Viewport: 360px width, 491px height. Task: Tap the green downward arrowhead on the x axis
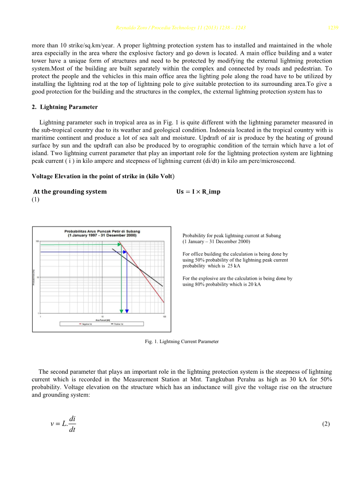pos(122,311)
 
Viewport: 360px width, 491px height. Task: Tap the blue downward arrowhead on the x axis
pos(127,311)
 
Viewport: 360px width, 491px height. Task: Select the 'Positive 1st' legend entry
pos(117,324)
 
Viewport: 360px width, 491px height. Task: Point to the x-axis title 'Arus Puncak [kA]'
pos(103,319)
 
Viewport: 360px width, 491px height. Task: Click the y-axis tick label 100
pos(37,241)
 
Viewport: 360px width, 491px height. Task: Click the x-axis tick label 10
pos(103,316)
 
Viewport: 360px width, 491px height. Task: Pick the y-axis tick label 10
pos(37,277)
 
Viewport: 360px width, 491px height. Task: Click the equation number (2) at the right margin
pos(326,424)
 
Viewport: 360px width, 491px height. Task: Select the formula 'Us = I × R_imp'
pos(198,192)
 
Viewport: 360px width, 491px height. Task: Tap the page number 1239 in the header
pos(333,28)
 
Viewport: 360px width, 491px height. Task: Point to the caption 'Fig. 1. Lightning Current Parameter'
pos(182,341)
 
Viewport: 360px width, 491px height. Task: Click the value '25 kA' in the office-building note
pos(234,266)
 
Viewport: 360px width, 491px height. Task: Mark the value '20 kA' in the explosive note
pos(254,284)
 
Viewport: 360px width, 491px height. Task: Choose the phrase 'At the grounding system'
pos(70,192)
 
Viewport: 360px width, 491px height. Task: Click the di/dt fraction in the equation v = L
pos(72,424)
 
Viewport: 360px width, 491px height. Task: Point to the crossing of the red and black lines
pos(139,268)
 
